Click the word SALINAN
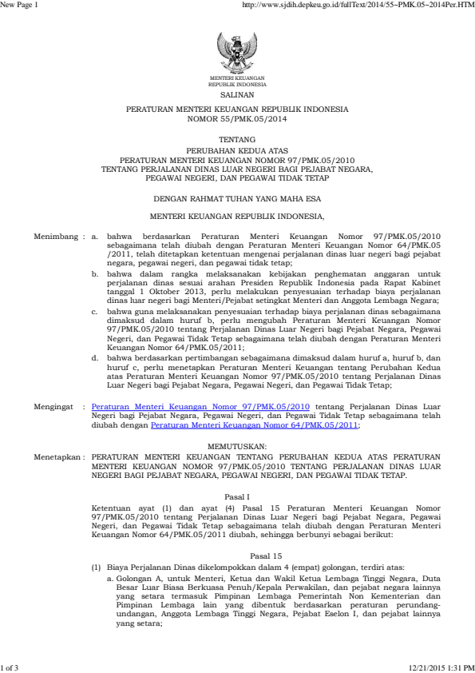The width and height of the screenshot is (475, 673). [x=237, y=94]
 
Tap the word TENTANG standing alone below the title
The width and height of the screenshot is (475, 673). [x=237, y=139]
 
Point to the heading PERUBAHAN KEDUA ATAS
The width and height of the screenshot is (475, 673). [x=237, y=149]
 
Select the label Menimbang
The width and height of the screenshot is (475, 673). [x=57, y=237]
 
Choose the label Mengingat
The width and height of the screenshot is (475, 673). [x=57, y=406]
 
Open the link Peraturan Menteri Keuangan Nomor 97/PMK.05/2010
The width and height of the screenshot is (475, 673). [x=201, y=406]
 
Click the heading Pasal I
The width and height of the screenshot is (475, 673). [x=237, y=496]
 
